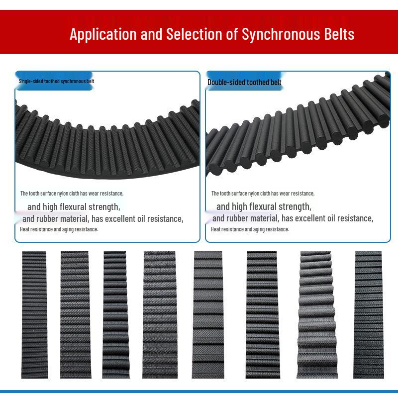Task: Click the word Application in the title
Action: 102,34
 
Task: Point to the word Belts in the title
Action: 338,34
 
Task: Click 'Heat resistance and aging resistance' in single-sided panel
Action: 59,229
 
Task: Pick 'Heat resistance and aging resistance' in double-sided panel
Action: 250,229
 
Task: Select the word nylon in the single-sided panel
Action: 62,193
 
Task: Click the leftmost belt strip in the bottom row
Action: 34,313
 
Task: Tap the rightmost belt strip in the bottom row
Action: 369,313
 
